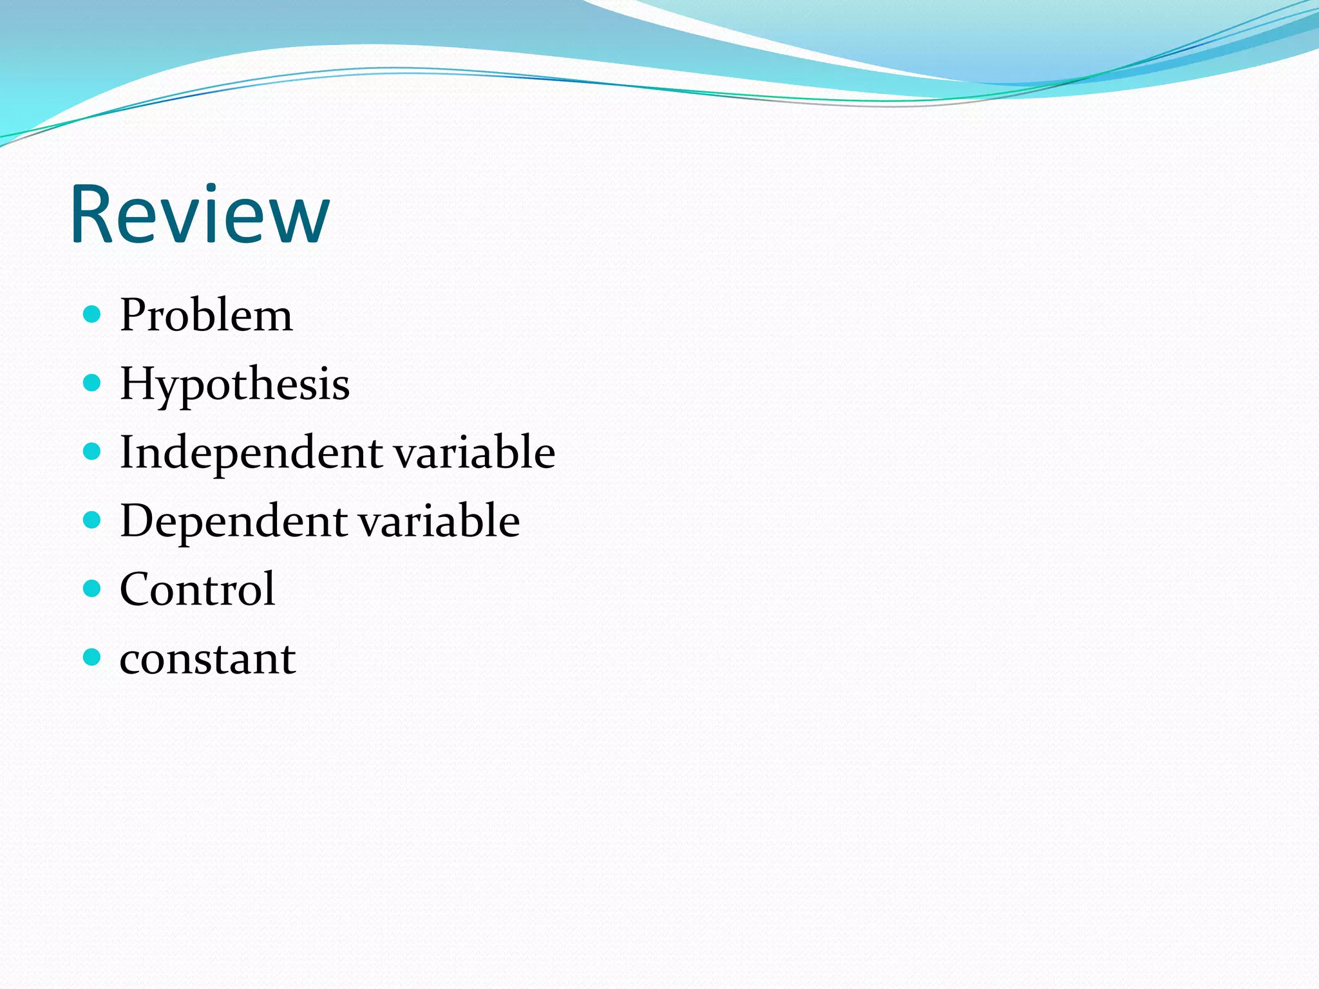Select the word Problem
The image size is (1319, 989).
tap(206, 316)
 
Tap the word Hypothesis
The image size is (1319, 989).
tap(234, 384)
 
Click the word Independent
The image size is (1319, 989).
tap(251, 453)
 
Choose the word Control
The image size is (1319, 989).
tap(197, 589)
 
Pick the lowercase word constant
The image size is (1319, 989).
tap(207, 659)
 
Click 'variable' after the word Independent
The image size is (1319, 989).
tap(475, 452)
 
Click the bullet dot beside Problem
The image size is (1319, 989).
tap(93, 314)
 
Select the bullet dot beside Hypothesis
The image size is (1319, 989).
tap(93, 383)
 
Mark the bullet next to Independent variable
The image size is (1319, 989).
tap(93, 451)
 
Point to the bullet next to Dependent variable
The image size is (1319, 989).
tap(93, 520)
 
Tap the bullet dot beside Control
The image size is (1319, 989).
tap(93, 589)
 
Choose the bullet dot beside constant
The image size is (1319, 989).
tap(93, 657)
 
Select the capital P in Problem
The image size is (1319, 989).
tap(135, 316)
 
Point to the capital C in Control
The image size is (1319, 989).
tap(138, 589)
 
